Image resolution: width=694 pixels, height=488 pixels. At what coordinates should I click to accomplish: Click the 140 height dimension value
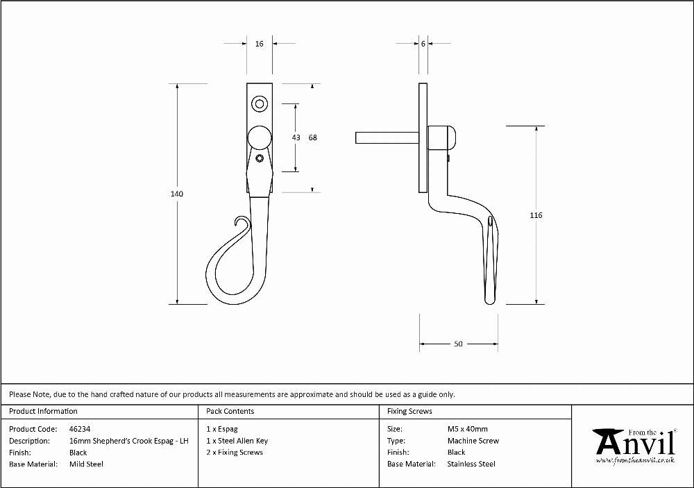pos(177,194)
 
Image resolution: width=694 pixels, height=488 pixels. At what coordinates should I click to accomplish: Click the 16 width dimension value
pos(260,44)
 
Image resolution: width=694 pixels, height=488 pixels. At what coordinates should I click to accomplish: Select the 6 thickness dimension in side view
pos(423,44)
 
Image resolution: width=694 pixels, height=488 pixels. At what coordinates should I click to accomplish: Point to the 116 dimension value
pos(536,215)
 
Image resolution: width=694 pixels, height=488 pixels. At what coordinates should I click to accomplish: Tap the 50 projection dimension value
pos(458,344)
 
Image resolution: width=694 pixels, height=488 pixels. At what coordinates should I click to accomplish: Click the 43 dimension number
pos(296,137)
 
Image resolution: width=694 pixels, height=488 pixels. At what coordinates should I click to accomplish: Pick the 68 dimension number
pos(313,137)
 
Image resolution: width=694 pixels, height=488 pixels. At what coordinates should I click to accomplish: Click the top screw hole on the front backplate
pos(260,105)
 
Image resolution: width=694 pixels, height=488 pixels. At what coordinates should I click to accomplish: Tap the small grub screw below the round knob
pos(260,158)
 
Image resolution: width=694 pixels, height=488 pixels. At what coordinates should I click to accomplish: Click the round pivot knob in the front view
pos(259,137)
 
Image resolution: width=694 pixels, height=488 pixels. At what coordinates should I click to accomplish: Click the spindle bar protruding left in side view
pos(387,137)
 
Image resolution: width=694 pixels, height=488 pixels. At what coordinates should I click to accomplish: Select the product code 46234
pos(80,429)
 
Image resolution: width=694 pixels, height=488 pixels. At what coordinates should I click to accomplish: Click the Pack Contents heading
pos(230,411)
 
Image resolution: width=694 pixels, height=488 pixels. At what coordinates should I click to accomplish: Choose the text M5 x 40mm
pos(467,429)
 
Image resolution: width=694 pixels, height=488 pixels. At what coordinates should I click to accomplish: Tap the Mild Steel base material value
pos(86,464)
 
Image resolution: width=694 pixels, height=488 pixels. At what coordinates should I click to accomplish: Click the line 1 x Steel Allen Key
pos(237,441)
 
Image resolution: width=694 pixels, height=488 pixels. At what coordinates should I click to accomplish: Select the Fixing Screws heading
pos(409,411)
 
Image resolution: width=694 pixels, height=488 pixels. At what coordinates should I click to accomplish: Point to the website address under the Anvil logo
pos(636,460)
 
